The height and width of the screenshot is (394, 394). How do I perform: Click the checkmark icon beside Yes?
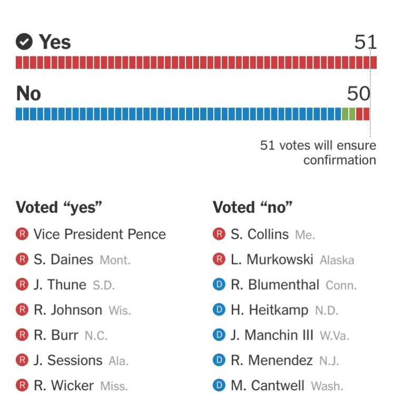pos(24,42)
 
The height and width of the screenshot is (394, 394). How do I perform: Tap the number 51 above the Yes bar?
pos(366,42)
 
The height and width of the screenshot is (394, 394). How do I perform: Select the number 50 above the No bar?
pos(358,94)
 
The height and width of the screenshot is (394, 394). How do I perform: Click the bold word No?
pos(28,94)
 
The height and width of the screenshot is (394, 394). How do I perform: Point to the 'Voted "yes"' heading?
pos(58,208)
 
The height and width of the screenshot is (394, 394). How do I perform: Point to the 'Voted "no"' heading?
pos(252,208)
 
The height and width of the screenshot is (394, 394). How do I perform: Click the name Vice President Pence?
pos(100,234)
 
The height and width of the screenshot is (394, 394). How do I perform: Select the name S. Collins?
pos(260,234)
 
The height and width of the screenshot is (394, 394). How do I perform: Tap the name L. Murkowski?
pos(272,260)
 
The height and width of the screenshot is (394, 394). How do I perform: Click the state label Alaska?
pos(337,260)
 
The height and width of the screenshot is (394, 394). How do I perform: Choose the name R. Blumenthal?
pos(275,285)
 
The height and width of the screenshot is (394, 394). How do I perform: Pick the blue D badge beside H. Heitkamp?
pos(219,310)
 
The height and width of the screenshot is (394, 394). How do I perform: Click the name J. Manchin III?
pos(272,335)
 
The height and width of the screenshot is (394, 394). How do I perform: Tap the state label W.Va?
pos(334,336)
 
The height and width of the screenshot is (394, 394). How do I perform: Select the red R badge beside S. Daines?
pos(22,260)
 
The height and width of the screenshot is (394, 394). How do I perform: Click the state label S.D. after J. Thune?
pos(103,285)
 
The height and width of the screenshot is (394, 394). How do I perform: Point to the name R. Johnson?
pos(68,310)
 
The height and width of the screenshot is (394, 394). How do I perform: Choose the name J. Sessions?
pos(68,360)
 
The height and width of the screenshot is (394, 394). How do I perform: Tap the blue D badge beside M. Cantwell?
pos(219,386)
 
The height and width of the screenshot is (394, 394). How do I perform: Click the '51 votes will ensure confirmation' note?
pos(318,152)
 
